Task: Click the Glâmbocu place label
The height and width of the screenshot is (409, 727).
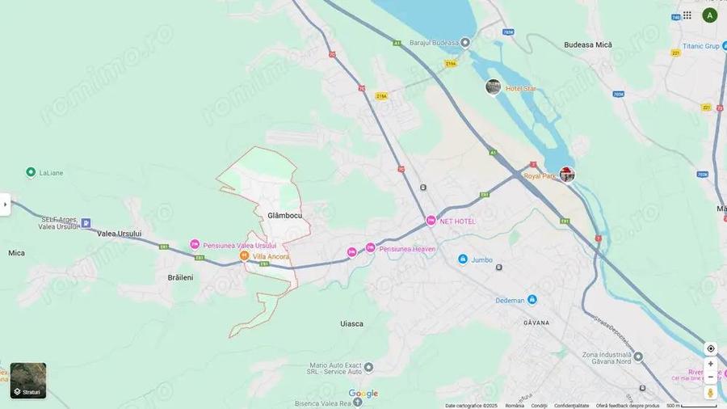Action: click(284, 216)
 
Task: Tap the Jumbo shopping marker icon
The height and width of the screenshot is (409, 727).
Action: click(463, 259)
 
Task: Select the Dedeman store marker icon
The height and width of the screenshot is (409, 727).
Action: click(532, 300)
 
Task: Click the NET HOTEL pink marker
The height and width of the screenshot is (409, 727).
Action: click(431, 221)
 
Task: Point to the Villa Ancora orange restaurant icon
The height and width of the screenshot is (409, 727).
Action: click(244, 256)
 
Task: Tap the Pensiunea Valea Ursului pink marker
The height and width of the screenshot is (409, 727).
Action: click(195, 245)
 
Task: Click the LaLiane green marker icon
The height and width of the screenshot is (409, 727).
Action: click(31, 172)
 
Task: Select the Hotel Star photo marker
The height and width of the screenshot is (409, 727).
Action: click(493, 86)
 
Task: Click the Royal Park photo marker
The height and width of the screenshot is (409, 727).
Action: click(567, 174)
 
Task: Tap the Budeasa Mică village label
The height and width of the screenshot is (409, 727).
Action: click(588, 45)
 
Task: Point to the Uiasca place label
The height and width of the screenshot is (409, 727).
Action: click(351, 323)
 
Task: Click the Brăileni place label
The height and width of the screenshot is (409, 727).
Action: click(180, 277)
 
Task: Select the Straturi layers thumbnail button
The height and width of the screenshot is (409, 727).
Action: click(28, 381)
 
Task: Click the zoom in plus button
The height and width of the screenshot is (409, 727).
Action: click(711, 364)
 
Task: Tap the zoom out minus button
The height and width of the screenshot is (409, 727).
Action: click(711, 377)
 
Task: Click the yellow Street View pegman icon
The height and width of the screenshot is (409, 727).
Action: click(711, 393)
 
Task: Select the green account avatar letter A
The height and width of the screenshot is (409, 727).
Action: click(710, 15)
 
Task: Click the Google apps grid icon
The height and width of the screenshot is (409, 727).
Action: click(687, 15)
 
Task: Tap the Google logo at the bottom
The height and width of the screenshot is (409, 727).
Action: click(363, 394)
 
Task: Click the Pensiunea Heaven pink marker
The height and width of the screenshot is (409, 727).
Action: click(370, 248)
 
